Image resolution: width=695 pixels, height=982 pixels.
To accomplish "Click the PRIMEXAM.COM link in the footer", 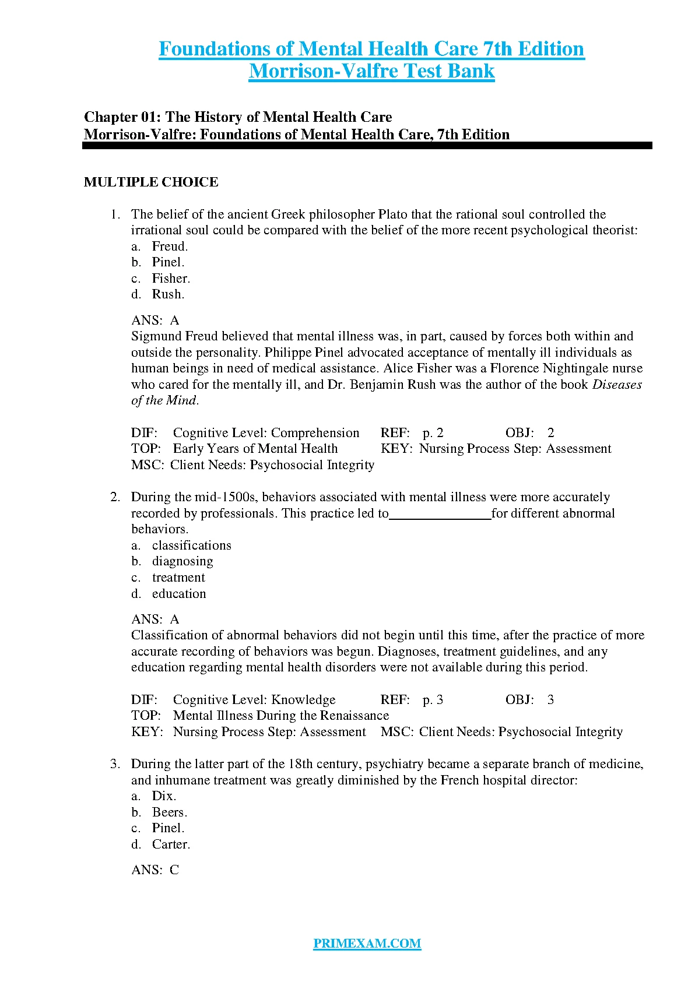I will [367, 944].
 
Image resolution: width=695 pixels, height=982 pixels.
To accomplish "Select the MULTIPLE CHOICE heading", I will [151, 182].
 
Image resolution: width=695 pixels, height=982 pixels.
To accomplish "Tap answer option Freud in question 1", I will [170, 247].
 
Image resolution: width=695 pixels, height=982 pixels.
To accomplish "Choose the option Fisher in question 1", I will [171, 279].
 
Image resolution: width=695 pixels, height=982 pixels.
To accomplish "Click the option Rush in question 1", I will [168, 294].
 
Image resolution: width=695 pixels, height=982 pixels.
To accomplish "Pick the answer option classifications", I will [191, 545].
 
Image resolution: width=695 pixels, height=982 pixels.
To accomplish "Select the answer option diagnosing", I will [182, 561].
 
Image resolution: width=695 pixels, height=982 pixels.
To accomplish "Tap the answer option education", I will [179, 594].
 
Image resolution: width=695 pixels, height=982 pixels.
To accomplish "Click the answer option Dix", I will [164, 796].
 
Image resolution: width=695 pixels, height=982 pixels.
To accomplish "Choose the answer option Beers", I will [169, 812].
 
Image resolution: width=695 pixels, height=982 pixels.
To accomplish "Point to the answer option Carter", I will [171, 844].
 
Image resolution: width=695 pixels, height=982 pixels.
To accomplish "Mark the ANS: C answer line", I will [155, 870].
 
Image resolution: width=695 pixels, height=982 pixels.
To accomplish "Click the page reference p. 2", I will [433, 433].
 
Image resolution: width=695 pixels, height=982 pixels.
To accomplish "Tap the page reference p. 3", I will [433, 700].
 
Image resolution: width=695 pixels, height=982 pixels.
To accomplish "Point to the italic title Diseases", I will [617, 385].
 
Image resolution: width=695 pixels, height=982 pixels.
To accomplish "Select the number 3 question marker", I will [115, 764].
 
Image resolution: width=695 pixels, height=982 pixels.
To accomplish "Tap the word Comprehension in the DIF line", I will [315, 433].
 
